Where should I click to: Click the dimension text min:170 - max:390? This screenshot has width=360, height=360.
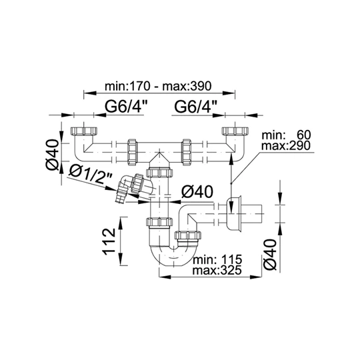pyautogui.click(x=158, y=86)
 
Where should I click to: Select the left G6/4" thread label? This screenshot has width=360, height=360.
pyautogui.click(x=126, y=107)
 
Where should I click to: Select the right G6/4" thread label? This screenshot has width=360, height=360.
pyautogui.click(x=196, y=107)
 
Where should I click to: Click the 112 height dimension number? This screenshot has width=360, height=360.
pyautogui.click(x=109, y=241)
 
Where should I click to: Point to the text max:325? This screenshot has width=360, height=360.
pyautogui.click(x=217, y=270)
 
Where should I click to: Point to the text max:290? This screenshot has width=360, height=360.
pyautogui.click(x=286, y=145)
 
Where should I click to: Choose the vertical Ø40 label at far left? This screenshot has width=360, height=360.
pyautogui.click(x=53, y=155)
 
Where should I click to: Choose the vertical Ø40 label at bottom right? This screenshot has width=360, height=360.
pyautogui.click(x=270, y=255)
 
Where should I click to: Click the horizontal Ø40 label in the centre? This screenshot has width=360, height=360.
pyautogui.click(x=197, y=192)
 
